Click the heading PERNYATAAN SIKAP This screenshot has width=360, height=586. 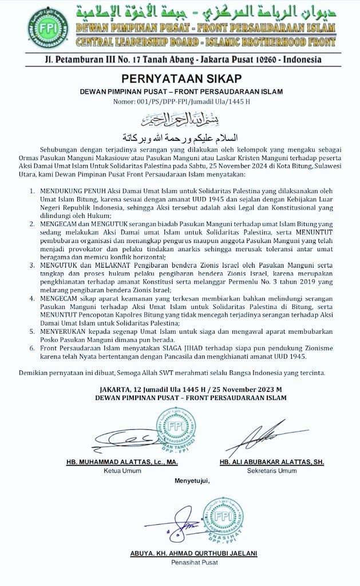pos(180,79)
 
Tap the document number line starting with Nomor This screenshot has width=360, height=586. pos(180,101)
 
